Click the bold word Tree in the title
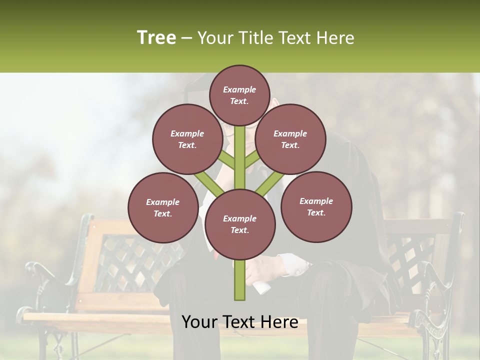point(156,37)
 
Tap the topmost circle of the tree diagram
point(239,95)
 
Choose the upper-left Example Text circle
point(187,139)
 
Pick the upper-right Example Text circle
point(290,139)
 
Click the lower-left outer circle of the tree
point(163,207)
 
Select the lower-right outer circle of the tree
point(316,206)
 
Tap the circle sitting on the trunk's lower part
point(239,224)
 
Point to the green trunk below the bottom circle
point(240,280)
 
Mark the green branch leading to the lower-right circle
point(267,184)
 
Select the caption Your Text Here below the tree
point(239,322)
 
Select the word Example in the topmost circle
point(239,89)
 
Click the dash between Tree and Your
point(186,38)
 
